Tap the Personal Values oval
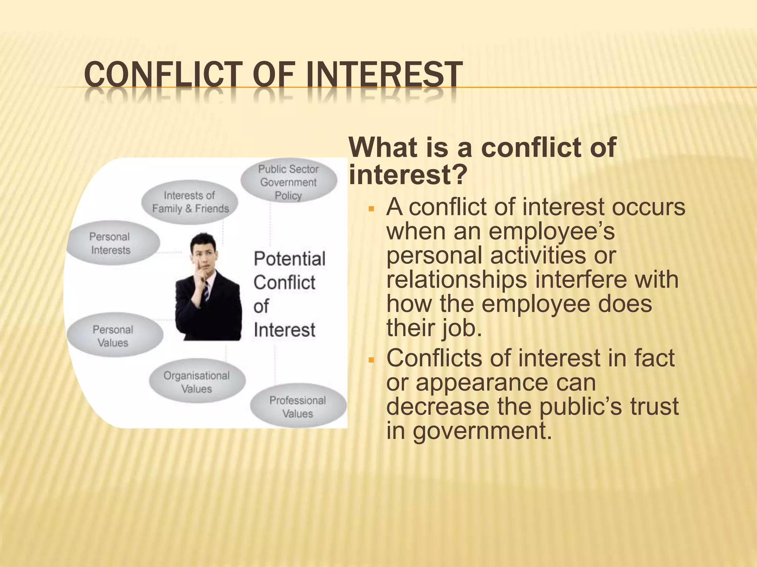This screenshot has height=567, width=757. point(114,336)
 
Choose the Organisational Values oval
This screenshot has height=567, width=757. point(197,382)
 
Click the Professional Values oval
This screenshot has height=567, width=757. point(298,406)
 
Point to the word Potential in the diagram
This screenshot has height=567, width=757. point(289,259)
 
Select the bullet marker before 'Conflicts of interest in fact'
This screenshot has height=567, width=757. point(372,360)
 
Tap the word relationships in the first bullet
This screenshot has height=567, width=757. point(457,279)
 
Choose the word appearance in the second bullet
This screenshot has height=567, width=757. point(506,383)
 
